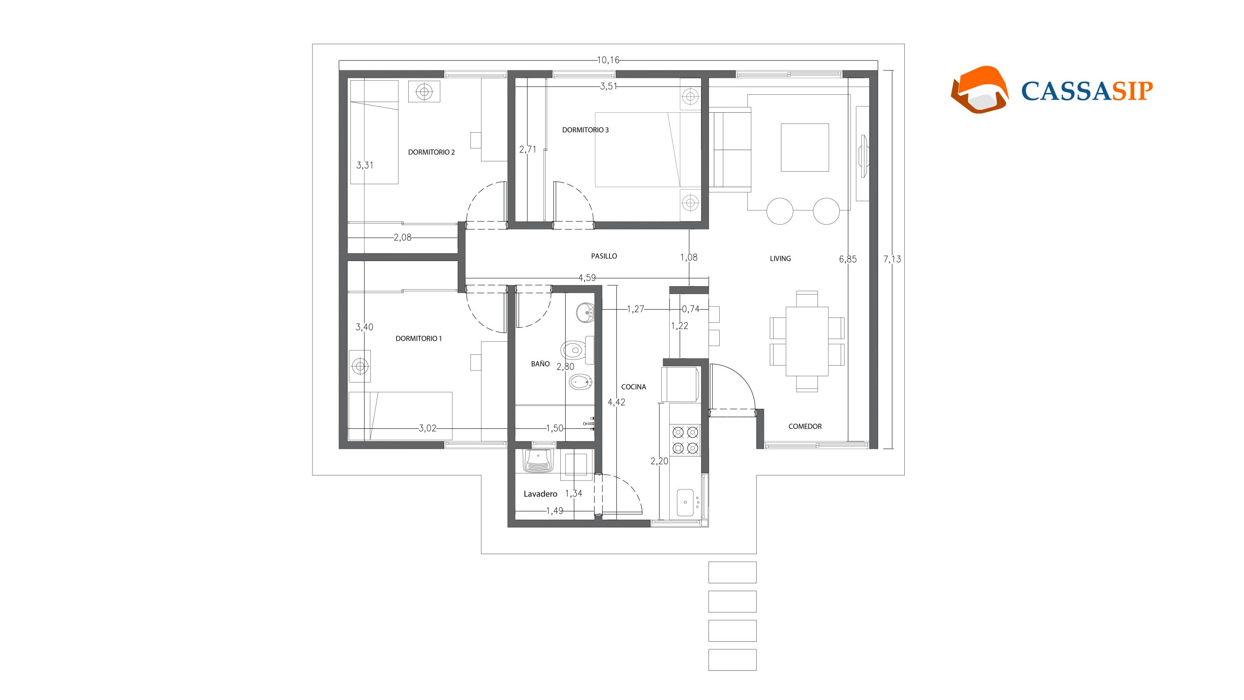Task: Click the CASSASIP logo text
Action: click(1087, 91)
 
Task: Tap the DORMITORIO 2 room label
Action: click(432, 152)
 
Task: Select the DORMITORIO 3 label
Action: click(585, 130)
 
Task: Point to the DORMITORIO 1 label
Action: click(419, 338)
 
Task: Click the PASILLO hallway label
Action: click(604, 256)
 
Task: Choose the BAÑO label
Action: click(540, 364)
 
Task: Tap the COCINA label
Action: click(634, 387)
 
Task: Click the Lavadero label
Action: click(540, 494)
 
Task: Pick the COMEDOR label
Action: click(805, 426)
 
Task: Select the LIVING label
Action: click(780, 259)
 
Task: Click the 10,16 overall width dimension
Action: click(608, 60)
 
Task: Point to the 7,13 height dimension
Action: click(892, 259)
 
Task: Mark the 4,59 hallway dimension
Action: click(587, 278)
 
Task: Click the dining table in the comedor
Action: click(807, 341)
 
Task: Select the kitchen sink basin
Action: click(685, 503)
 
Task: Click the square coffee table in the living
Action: click(805, 147)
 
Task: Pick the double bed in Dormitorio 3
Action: click(637, 150)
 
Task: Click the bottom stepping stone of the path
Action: click(732, 660)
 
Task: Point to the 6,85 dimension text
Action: click(848, 259)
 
